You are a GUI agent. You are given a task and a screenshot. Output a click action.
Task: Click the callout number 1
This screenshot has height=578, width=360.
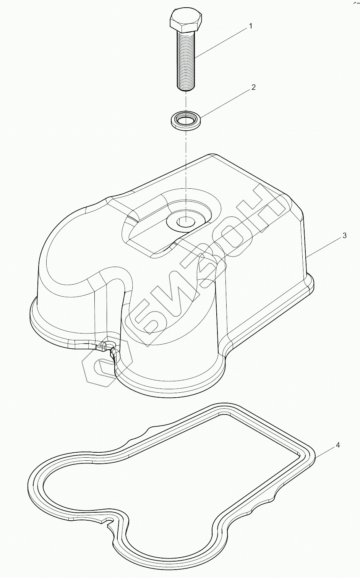coord(250,26)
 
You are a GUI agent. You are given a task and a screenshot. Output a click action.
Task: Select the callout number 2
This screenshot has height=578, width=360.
coord(253,87)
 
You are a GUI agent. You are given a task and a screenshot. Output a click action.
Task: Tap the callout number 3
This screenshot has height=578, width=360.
coord(344,236)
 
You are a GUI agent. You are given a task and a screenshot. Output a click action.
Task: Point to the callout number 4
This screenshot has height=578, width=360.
coord(337,445)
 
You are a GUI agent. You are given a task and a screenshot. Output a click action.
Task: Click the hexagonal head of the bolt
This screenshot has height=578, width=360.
coord(185,21)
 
